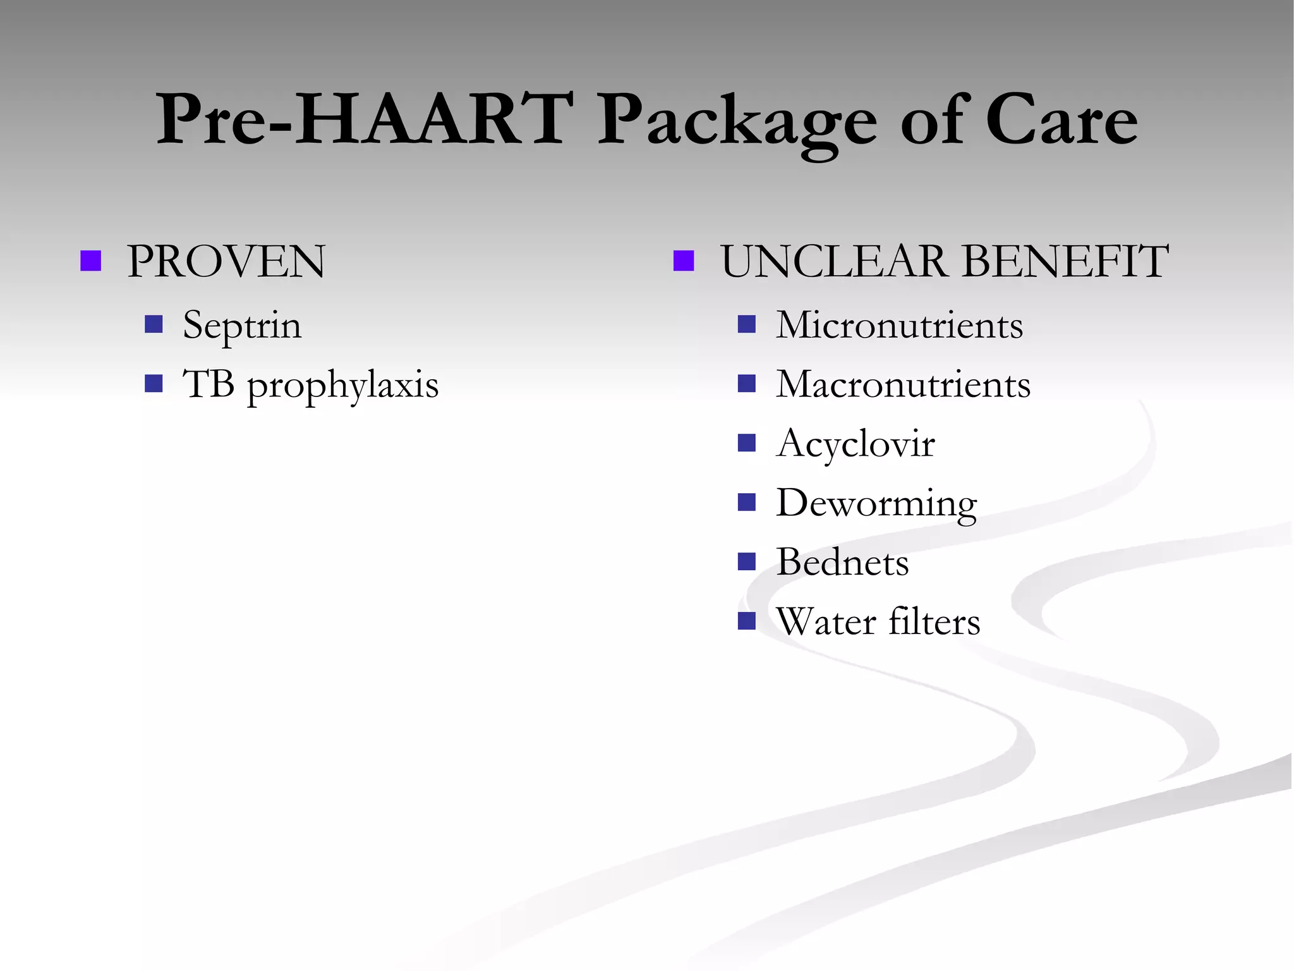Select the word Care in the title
click(x=1061, y=119)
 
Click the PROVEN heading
click(x=226, y=261)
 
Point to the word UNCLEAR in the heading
click(x=834, y=261)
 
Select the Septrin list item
click(x=242, y=326)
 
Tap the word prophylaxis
click(x=342, y=386)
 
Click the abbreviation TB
click(x=209, y=384)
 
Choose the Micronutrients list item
click(x=899, y=325)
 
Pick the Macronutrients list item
click(x=903, y=384)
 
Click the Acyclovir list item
click(x=855, y=444)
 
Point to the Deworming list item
click(x=876, y=504)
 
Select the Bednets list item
click(x=842, y=562)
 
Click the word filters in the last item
click(x=934, y=621)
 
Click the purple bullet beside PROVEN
click(x=91, y=261)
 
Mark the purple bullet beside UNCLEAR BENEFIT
click(x=684, y=261)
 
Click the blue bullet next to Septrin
click(x=154, y=324)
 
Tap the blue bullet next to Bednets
click(x=747, y=561)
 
